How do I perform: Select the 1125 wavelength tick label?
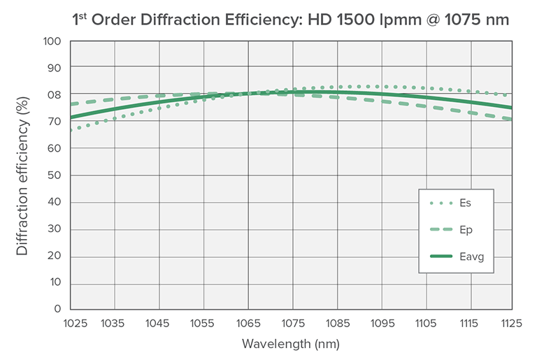[513, 323]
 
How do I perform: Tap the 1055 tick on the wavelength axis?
[203, 323]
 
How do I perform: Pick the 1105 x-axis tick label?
[425, 323]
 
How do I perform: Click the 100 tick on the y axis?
[53, 41]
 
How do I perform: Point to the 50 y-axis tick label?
[55, 175]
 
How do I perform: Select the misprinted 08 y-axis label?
[55, 95]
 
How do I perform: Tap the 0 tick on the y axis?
[58, 309]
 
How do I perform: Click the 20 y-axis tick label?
[55, 256]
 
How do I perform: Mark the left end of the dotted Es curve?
[70, 130]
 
